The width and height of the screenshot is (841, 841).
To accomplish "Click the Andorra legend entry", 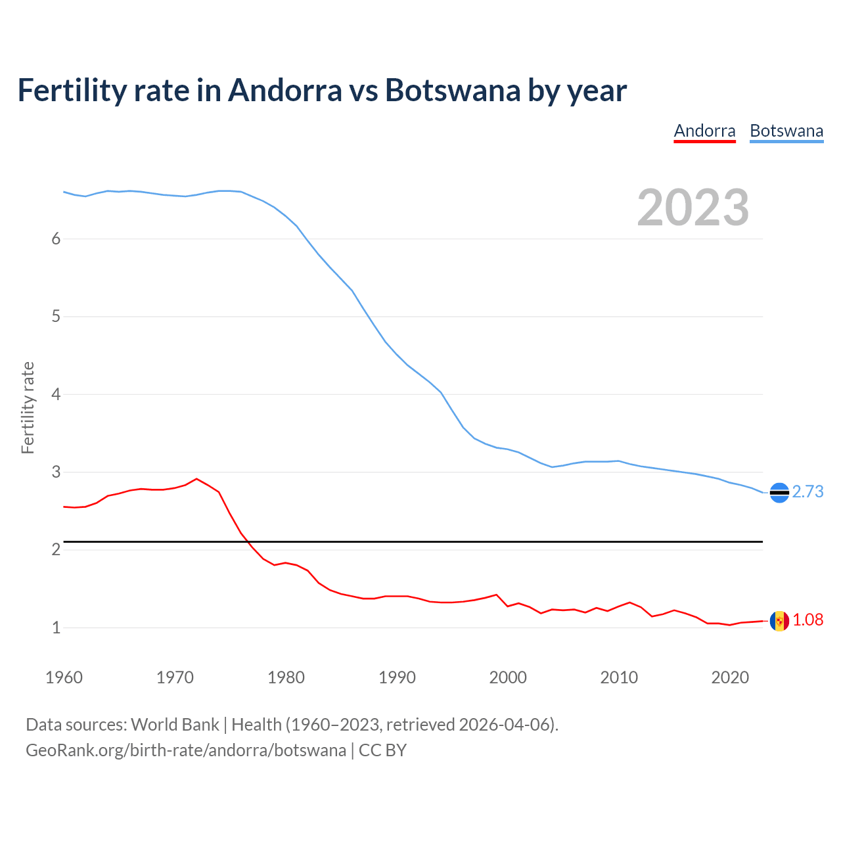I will [x=704, y=131].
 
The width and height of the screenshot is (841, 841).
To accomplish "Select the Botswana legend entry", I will [x=786, y=131].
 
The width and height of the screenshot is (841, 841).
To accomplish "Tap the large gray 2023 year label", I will [x=693, y=208].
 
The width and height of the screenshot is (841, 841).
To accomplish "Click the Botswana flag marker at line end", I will [x=779, y=492].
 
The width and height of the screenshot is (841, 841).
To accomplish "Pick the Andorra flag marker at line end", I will [x=779, y=620].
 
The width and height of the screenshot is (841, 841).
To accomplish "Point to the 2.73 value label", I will [x=807, y=491].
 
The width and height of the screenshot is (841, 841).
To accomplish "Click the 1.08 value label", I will [x=807, y=620].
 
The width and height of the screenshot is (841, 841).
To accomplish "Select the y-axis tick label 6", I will [x=56, y=239].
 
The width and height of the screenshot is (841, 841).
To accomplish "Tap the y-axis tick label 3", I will [x=56, y=472].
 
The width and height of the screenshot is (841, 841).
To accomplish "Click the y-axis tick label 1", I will [x=56, y=627].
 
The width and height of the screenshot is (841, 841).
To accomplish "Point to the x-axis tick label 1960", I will [x=64, y=677].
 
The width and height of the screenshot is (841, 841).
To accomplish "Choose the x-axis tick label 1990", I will [x=397, y=677].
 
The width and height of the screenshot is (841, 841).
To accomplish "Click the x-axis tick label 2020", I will [x=730, y=677].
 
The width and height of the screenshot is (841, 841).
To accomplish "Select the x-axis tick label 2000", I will [x=508, y=677].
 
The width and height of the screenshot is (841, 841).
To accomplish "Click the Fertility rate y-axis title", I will [x=28, y=407].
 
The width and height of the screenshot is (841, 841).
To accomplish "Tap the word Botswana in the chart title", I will [x=453, y=90].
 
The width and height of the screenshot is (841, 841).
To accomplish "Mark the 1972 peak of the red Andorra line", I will [x=196, y=478].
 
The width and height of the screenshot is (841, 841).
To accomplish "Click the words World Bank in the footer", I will [x=175, y=725].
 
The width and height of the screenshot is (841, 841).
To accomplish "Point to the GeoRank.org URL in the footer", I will [x=186, y=750].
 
